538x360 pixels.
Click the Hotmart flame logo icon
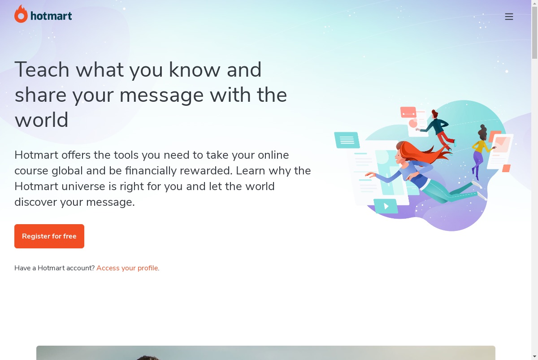(x=21, y=14)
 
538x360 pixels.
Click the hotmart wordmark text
(x=51, y=16)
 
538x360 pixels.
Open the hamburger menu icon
(x=509, y=17)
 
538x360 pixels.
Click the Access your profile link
(x=127, y=268)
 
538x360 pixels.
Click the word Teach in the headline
(x=42, y=69)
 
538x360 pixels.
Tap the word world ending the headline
(x=42, y=120)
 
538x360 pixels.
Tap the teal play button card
(x=386, y=206)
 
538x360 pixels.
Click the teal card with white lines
(x=347, y=140)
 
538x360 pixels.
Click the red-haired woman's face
(x=399, y=156)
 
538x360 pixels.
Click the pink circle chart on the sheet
(x=413, y=123)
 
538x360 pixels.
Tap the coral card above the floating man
(x=408, y=112)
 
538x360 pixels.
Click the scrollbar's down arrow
(x=534, y=357)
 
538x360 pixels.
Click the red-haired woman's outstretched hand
(x=370, y=174)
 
